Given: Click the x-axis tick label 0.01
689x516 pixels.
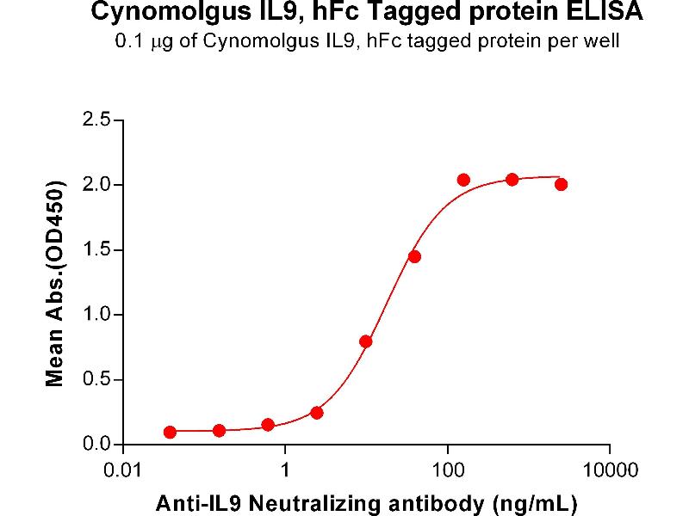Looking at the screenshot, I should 123,470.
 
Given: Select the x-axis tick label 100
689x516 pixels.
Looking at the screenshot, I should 447,470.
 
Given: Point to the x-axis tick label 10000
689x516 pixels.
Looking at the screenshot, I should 609,470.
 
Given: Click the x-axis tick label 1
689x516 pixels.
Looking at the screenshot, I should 285,470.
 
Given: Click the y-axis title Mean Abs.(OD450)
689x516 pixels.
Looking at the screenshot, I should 56,284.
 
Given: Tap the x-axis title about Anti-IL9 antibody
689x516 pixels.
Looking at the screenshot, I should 366,501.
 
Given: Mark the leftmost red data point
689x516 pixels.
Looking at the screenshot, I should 170,432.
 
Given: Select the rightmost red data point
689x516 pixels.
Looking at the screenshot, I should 561,184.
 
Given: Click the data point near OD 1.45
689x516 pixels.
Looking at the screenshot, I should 414,256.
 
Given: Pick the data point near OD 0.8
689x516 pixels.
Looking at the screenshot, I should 366,341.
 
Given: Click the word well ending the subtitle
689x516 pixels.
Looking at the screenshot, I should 601,41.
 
